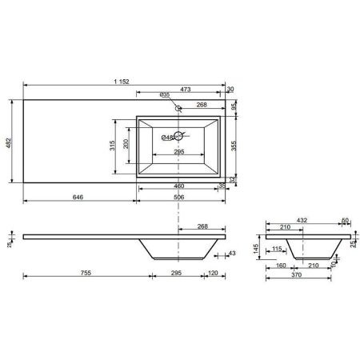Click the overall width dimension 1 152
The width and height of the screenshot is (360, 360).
click(x=122, y=82)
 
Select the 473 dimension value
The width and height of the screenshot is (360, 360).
click(x=186, y=89)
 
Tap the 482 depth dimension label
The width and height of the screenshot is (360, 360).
click(x=9, y=143)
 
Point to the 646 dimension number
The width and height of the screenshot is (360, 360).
click(x=78, y=197)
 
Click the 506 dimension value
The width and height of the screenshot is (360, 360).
click(x=178, y=197)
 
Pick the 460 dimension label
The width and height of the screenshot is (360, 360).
click(x=178, y=186)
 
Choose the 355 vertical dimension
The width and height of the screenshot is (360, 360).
click(x=234, y=146)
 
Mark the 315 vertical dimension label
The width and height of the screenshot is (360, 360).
click(x=112, y=146)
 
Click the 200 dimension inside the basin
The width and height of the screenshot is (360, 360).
click(x=126, y=144)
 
